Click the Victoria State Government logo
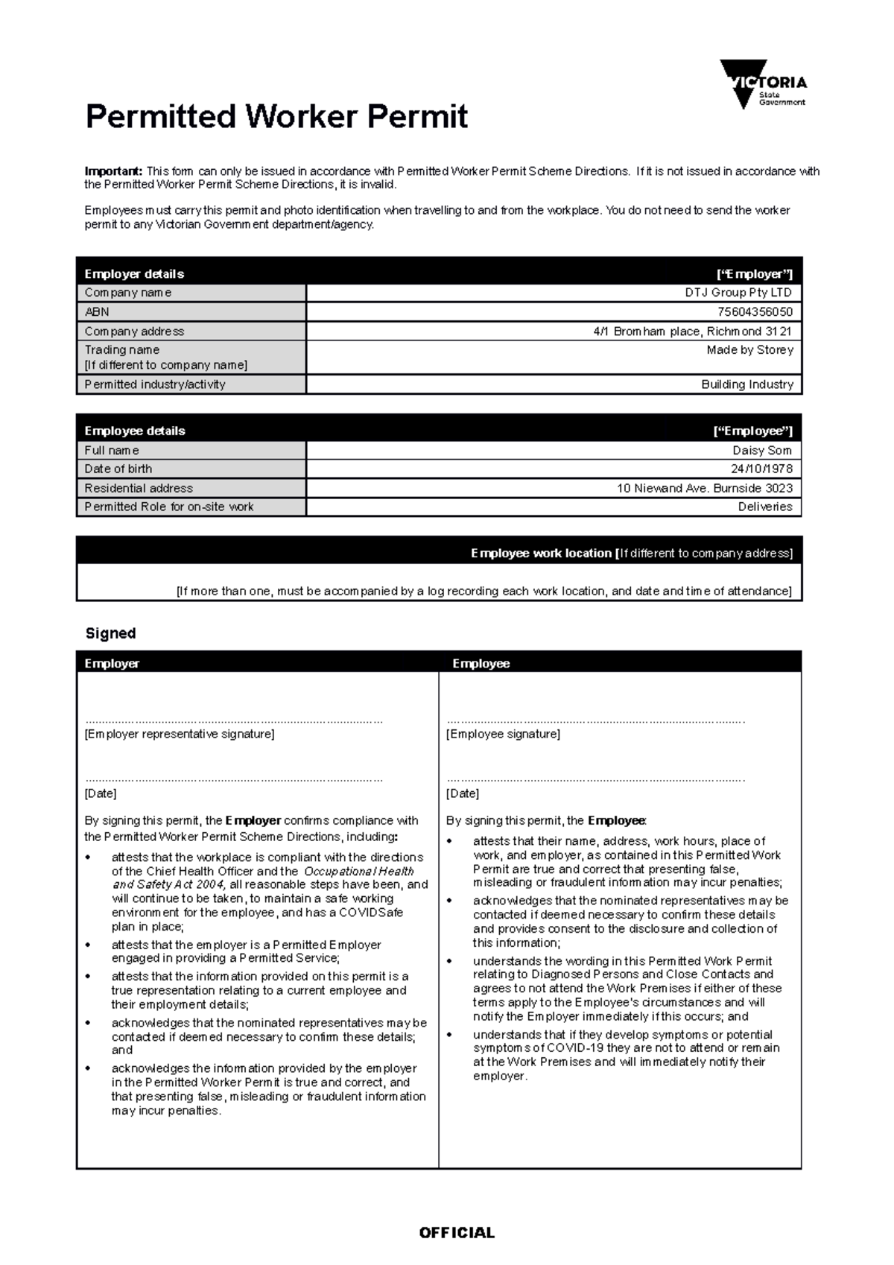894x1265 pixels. point(761,85)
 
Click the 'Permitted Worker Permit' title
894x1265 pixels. point(276,117)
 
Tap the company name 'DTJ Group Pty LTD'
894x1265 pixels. point(738,293)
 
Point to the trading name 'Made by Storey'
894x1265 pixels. point(749,350)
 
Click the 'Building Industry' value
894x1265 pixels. point(746,384)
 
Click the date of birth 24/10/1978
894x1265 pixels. point(761,469)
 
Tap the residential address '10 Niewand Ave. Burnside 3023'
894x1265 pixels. point(704,488)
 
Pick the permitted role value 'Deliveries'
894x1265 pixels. point(764,507)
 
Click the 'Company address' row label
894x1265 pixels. point(134,332)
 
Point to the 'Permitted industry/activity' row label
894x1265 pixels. point(154,384)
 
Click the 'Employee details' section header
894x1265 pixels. point(135,431)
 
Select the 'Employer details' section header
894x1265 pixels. point(134,274)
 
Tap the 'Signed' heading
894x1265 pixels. point(110,633)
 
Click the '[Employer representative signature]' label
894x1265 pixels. point(179,735)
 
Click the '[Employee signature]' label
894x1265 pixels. point(503,735)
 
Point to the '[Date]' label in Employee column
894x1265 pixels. point(462,793)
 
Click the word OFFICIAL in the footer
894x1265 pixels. point(457,1233)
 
